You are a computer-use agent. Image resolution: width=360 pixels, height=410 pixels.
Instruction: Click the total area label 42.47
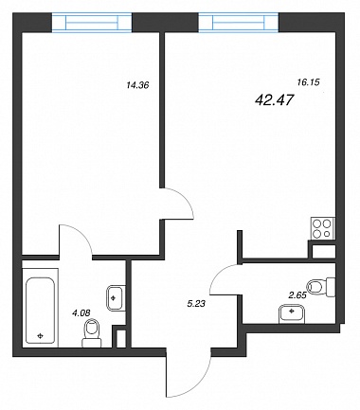274,100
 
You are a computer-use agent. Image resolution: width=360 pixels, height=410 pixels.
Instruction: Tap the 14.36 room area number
137,85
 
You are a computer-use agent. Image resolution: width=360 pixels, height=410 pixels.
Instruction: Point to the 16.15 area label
309,82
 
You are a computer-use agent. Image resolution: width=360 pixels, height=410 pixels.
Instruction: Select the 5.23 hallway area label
196,304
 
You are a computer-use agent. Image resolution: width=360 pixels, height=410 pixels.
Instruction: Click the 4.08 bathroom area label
81,312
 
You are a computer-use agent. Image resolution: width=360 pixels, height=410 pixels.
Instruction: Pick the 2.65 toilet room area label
298,295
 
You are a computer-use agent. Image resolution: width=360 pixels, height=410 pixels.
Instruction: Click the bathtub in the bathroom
40,311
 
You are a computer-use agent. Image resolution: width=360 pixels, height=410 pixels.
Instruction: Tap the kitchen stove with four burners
323,228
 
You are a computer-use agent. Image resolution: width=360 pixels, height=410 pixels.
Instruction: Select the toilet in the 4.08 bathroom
92,332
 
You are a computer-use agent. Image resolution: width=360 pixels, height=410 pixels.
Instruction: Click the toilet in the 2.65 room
321,287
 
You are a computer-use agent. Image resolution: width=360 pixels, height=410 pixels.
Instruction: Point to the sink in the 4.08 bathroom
115,297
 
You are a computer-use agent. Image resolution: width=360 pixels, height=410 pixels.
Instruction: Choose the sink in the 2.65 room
292,313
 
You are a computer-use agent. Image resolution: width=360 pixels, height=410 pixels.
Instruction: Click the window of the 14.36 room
92,22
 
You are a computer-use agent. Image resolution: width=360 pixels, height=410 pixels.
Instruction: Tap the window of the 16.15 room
239,22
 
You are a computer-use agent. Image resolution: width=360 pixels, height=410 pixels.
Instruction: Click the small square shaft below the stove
323,252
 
